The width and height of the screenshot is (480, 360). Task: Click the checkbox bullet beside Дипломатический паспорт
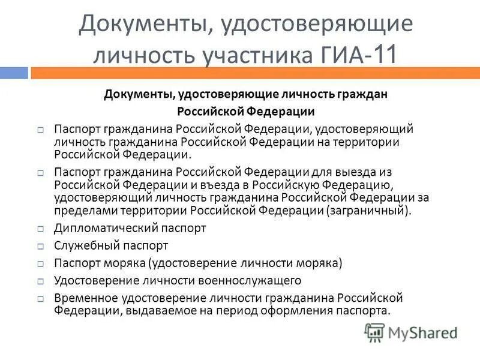[x=40, y=229]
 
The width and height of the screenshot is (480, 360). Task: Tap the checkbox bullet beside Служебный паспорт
[x=40, y=246]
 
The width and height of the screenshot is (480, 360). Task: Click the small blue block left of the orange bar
[x=13, y=73]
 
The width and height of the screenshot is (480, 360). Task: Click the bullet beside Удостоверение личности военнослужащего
[x=40, y=281]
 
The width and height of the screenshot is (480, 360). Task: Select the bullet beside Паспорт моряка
[x=40, y=263]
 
